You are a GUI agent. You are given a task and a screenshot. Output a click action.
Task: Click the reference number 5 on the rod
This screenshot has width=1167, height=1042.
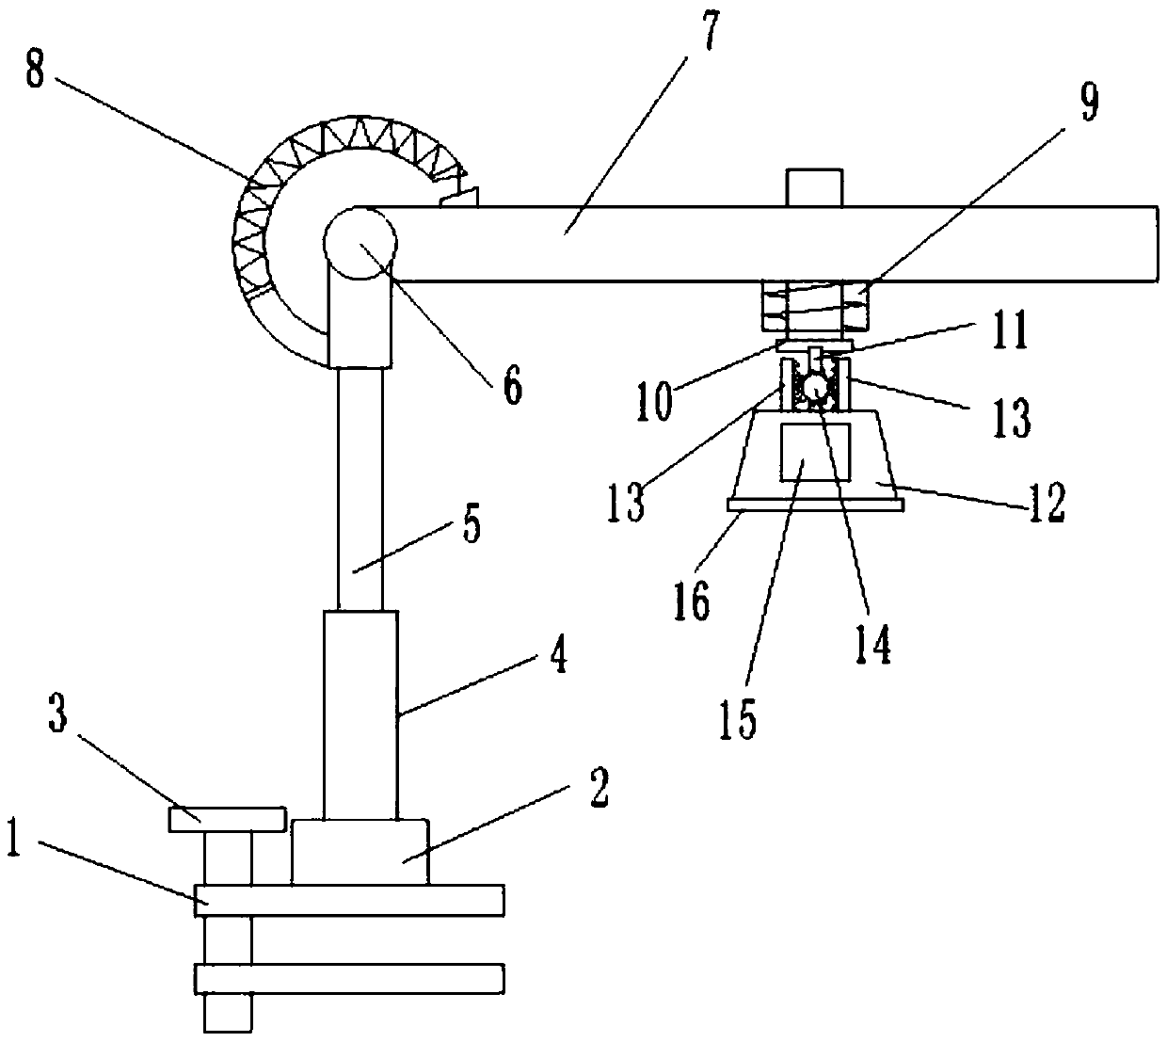point(470,525)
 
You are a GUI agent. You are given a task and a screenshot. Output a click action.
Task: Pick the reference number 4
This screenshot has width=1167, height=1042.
point(558,656)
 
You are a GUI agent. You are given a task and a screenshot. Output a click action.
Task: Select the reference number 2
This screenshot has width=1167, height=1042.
point(598,789)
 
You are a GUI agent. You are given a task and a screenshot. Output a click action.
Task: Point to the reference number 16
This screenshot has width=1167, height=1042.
point(692,601)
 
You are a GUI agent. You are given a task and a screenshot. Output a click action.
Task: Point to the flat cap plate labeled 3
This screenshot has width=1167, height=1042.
point(226,819)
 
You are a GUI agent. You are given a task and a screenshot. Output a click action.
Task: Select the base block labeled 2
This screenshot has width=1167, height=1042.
point(360,852)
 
